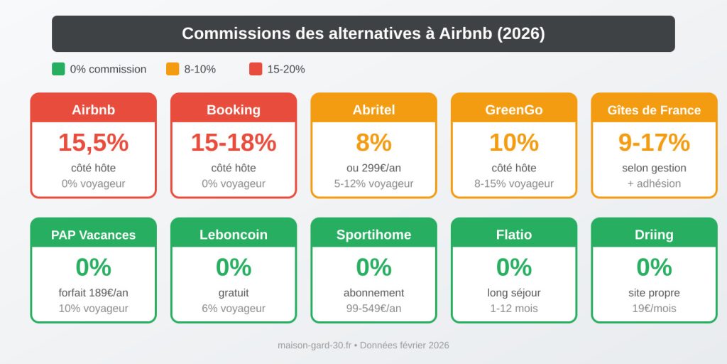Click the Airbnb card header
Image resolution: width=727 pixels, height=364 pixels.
[93, 109]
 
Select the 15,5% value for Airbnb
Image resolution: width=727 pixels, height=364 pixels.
[93, 143]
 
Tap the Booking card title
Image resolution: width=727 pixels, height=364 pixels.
[234, 109]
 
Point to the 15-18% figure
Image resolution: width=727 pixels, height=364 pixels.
[234, 143]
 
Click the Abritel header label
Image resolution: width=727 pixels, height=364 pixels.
[373, 109]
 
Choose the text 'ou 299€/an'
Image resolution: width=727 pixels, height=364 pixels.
[373, 168]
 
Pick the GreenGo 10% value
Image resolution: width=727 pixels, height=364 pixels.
[514, 143]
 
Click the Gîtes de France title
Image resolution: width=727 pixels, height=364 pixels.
[654, 110]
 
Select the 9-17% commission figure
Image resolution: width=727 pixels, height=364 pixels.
[654, 143]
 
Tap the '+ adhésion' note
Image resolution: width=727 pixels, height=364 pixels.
[654, 183]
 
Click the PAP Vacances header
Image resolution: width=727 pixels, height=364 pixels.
[93, 235]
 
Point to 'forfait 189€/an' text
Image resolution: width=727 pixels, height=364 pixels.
[93, 293]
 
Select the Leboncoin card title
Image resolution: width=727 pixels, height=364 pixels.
[234, 235]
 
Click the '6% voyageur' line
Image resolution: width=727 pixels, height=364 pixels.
[234, 309]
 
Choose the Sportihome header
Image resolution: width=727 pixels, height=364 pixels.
[373, 235]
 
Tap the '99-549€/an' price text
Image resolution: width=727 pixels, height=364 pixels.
[373, 309]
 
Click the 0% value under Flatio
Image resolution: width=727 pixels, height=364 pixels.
[514, 267]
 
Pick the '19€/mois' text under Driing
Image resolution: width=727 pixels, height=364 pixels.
[654, 309]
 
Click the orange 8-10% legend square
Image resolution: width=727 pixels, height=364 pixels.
[173, 69]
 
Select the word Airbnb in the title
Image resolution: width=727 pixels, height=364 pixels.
[466, 33]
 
